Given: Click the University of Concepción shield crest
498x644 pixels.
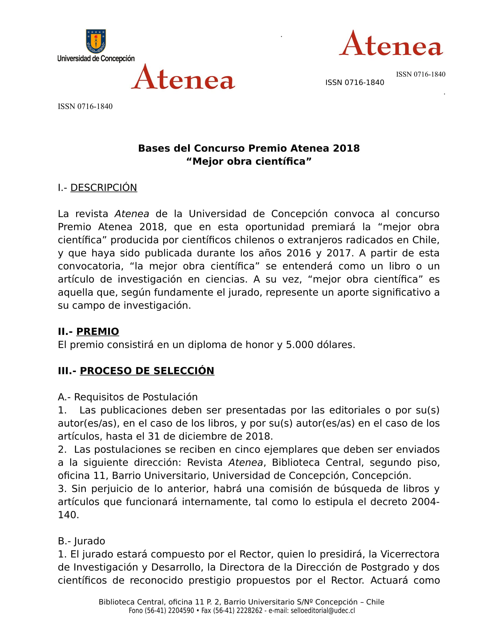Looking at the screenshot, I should click(96, 41).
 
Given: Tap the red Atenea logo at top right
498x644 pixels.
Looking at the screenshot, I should click(391, 44).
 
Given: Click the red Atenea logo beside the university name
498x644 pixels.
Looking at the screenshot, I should click(183, 77).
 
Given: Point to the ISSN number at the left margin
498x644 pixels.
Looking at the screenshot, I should click(85, 107).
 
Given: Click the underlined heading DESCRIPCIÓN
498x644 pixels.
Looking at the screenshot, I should click(103, 188).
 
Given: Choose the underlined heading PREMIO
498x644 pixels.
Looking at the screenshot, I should click(97, 331).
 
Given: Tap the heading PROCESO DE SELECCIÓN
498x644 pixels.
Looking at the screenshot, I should click(147, 371).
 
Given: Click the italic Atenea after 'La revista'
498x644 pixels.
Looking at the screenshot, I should click(132, 214).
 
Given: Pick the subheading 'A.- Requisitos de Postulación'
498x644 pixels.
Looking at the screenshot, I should click(128, 397).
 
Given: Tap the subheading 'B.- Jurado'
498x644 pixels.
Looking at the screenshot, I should click(81, 541).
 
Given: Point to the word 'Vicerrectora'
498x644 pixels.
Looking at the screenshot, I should click(410, 554).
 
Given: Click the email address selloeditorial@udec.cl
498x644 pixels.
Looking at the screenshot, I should click(323, 610).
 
